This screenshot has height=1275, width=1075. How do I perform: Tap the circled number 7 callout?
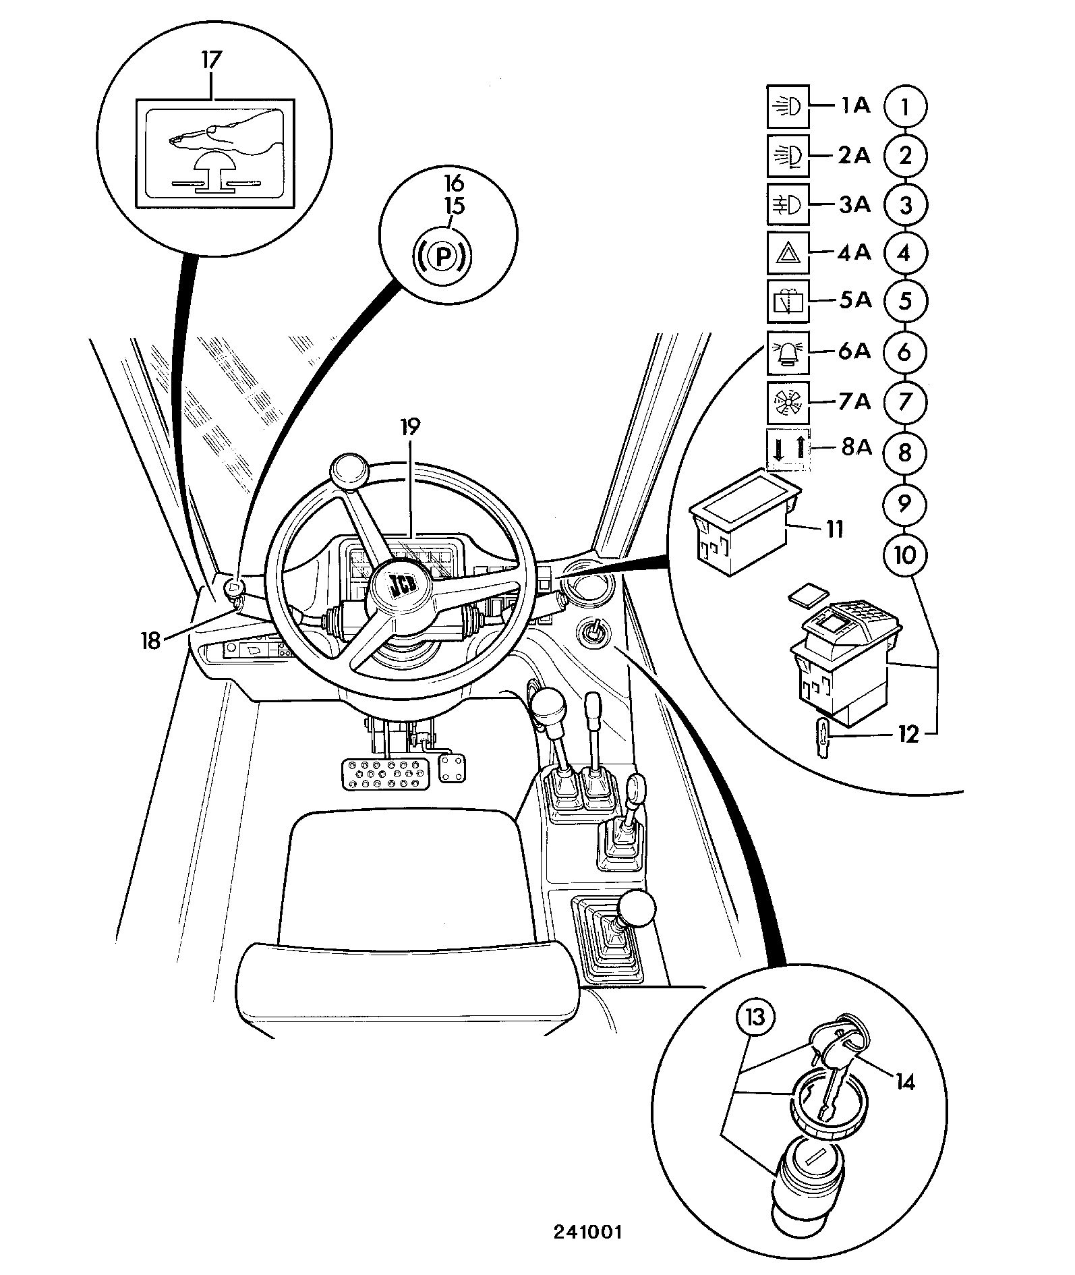pyautogui.click(x=904, y=402)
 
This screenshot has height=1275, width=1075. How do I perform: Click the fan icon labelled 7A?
pyautogui.click(x=788, y=403)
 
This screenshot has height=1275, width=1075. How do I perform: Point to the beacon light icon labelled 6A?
pyautogui.click(x=788, y=353)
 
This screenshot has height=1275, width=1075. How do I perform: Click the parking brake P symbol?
pyautogui.click(x=442, y=256)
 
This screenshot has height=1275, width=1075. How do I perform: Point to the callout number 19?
pyautogui.click(x=409, y=427)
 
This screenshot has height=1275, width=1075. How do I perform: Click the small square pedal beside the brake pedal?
pyautogui.click(x=452, y=768)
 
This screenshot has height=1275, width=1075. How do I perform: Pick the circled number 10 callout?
pyautogui.click(x=904, y=555)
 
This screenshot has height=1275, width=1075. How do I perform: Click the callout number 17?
pyautogui.click(x=210, y=59)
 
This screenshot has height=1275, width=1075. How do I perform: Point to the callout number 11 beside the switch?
pyautogui.click(x=834, y=530)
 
